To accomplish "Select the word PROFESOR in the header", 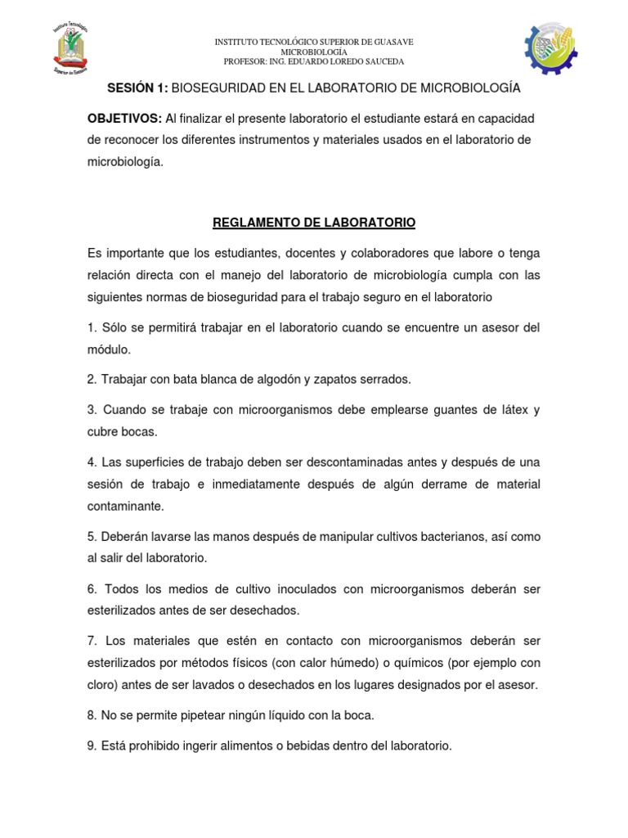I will tap(245, 61).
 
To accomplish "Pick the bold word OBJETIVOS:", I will tap(124, 119).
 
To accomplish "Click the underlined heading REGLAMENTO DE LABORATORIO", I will tap(314, 222).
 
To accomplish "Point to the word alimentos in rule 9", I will tap(243, 746).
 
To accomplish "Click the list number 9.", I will tap(92, 746).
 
